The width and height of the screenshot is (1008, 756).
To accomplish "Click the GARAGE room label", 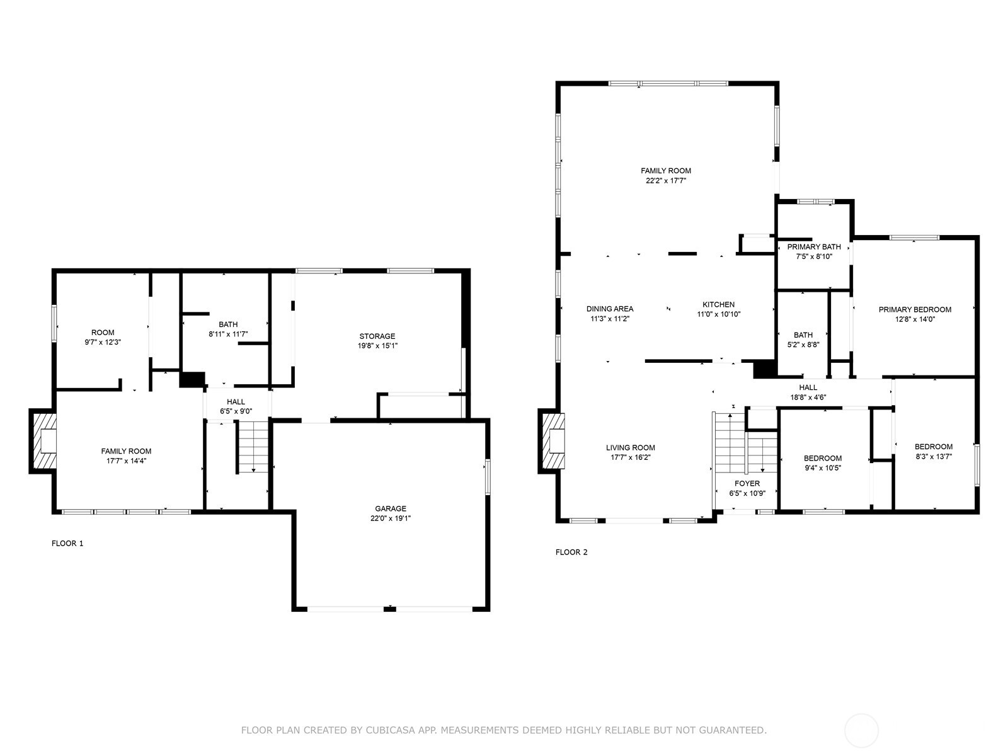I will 391,508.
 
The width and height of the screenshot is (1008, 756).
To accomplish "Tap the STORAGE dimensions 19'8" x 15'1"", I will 377,346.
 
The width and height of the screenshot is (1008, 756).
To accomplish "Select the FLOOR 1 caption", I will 67,543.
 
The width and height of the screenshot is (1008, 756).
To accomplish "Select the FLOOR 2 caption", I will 571,553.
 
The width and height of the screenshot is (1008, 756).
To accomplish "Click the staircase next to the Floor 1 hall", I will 253,447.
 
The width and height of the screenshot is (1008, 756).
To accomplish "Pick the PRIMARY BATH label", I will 814,247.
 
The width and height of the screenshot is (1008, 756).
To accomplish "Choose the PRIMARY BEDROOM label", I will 915,309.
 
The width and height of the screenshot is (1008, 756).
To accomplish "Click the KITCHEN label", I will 718,304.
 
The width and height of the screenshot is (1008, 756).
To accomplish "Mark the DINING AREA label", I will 610,309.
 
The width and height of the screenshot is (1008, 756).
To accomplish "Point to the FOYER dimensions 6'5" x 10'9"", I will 747,494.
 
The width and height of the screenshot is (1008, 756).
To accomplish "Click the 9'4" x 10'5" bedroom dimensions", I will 823,468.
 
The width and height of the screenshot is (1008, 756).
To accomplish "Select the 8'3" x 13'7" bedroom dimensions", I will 933,457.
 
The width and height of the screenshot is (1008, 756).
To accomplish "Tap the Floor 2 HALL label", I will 808,387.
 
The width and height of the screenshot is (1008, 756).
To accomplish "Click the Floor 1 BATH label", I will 228,324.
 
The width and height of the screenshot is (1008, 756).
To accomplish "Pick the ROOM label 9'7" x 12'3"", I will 103,333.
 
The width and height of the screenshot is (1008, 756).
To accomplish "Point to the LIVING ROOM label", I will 631,448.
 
